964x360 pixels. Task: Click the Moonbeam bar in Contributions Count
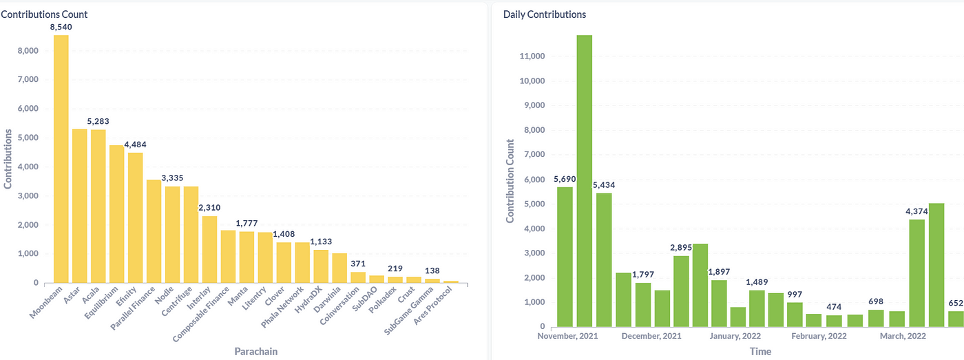point(61,159)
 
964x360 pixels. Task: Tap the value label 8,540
point(61,27)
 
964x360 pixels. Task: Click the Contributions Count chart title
point(44,14)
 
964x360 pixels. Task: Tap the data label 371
point(358,264)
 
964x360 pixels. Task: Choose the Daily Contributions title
point(545,14)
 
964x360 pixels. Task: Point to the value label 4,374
point(916,211)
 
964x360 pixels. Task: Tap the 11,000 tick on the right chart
point(529,56)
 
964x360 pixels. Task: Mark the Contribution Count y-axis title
point(511,180)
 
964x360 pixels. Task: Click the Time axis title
point(761,351)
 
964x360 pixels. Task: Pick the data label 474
point(835,306)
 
